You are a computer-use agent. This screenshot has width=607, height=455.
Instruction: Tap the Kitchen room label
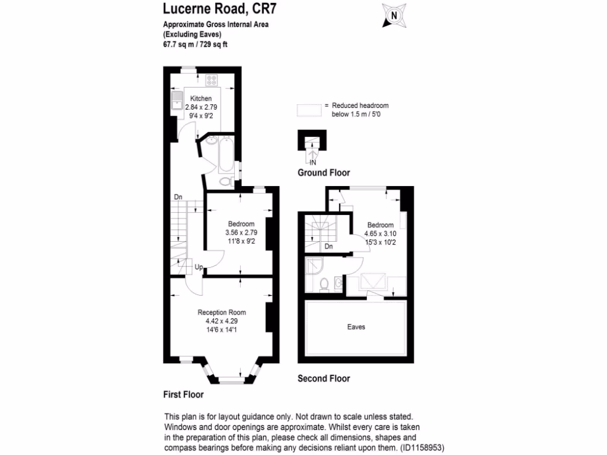tap(200, 98)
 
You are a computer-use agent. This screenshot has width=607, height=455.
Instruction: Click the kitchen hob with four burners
tap(212, 80)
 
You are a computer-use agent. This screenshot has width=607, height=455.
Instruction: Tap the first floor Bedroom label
tap(241, 223)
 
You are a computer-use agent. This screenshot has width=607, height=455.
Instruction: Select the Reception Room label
tap(222, 312)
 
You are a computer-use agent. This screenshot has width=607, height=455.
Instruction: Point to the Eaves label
tap(356, 326)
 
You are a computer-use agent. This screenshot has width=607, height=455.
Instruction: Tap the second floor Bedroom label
tap(380, 225)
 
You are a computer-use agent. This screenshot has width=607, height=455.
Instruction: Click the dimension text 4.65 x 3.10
tap(380, 233)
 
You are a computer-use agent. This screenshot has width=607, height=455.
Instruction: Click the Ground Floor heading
tap(324, 173)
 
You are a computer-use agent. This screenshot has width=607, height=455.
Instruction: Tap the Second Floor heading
tap(324, 379)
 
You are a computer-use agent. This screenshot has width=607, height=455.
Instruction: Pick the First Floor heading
tap(183, 394)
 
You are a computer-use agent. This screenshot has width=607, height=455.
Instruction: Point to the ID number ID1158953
tap(423, 447)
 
